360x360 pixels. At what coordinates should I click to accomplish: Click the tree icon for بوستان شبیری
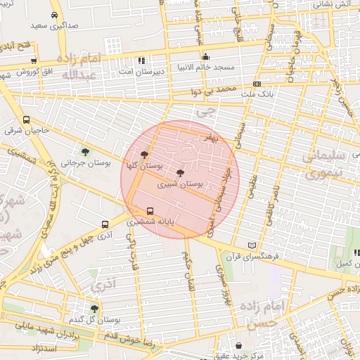(x=180, y=172)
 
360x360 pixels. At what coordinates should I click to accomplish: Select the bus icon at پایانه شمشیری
(x=150, y=210)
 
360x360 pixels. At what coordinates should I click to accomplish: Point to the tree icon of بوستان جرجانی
(x=86, y=151)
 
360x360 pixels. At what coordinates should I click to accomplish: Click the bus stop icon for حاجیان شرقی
(x=26, y=120)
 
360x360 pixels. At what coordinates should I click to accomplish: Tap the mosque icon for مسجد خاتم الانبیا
(x=205, y=58)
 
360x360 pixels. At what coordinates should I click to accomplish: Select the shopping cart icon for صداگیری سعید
(x=55, y=13)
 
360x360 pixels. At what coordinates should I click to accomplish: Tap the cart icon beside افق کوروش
(x=33, y=60)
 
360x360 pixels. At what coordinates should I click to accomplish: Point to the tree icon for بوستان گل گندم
(x=94, y=309)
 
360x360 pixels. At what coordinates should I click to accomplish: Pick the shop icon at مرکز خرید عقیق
(x=240, y=346)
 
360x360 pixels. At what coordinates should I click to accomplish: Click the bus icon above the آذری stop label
(x=105, y=225)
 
